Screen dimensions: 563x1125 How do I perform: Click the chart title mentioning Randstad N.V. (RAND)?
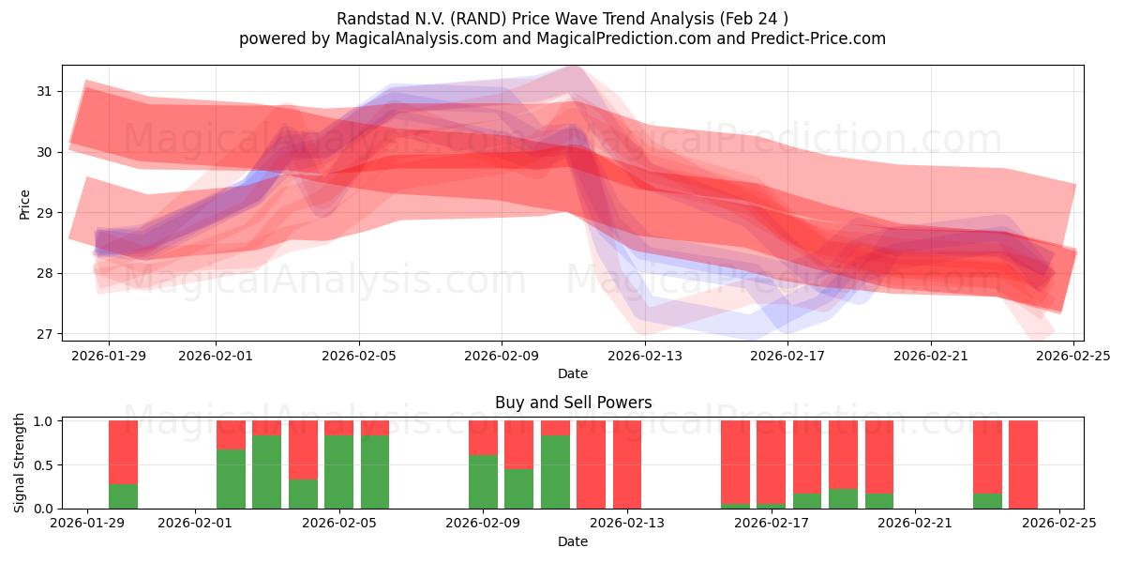(562, 18)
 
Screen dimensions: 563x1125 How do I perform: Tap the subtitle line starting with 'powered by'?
(562, 38)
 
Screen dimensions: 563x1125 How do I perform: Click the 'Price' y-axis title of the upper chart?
(25, 204)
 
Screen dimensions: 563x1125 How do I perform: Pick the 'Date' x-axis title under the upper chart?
(573, 373)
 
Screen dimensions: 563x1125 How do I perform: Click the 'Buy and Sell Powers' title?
(573, 403)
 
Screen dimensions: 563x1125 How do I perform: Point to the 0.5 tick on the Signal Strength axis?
(42, 464)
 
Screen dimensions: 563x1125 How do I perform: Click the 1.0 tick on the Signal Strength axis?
(42, 421)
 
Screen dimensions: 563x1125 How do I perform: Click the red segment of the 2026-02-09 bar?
(483, 437)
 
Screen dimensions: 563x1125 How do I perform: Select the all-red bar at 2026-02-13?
(627, 464)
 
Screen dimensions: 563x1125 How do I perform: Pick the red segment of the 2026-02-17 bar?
(807, 456)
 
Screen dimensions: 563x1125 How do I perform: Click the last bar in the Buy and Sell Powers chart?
(1023, 464)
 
